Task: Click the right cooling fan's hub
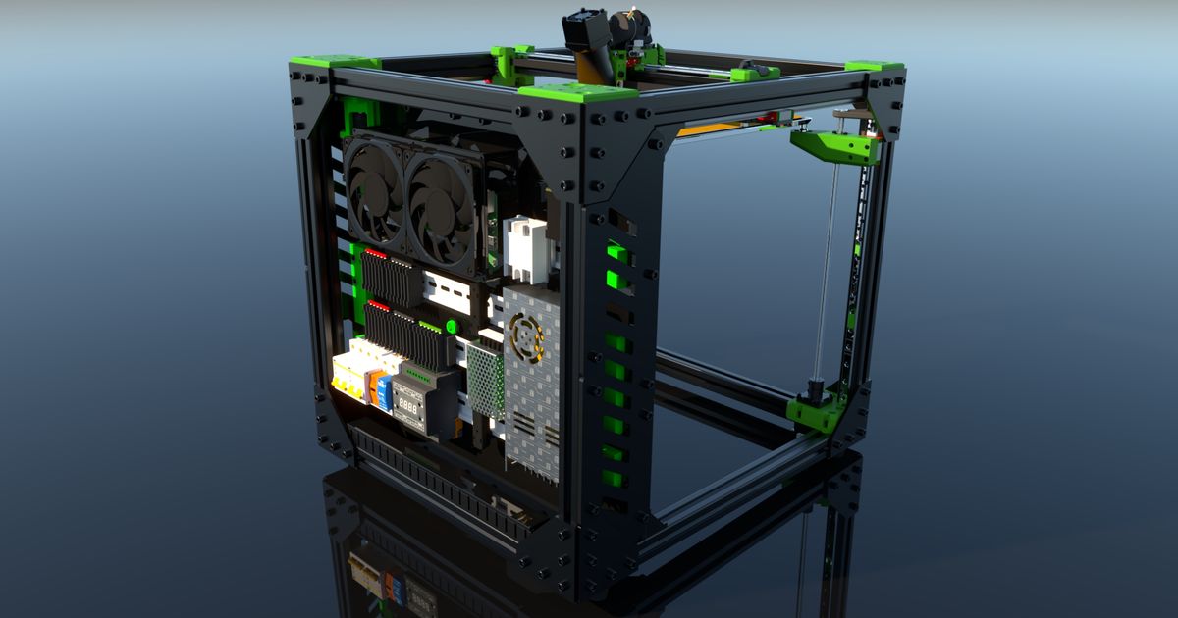439,202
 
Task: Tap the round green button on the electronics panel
452,327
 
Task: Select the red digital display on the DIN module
409,402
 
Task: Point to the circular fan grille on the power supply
527,335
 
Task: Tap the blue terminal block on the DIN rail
384,391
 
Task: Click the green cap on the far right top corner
874,67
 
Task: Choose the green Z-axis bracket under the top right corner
834,146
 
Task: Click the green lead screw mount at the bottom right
818,412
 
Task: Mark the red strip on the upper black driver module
374,253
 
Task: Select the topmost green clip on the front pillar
616,252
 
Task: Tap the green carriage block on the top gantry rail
755,73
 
